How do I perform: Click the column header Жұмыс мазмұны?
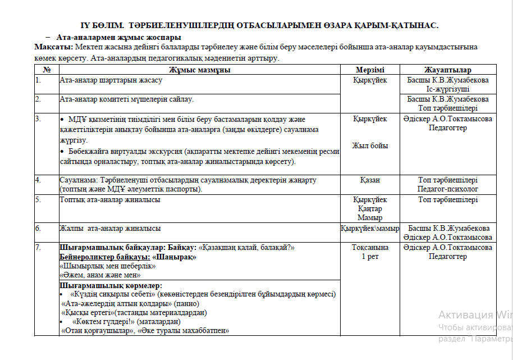[x=199, y=70]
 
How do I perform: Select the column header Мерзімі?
[x=370, y=70]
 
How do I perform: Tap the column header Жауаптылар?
[x=447, y=70]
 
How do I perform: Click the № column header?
[x=47, y=70]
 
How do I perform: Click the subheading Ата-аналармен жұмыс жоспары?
[x=118, y=38]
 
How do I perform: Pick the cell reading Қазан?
[x=370, y=180]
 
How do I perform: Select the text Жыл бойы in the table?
[x=370, y=146]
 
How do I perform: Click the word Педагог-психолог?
[x=448, y=189]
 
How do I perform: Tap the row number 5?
[x=38, y=199]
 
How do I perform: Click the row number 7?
[x=38, y=248]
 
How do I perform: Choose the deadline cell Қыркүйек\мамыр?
[x=370, y=229]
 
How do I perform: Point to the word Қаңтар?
[x=370, y=209]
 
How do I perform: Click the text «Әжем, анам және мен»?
[x=100, y=275]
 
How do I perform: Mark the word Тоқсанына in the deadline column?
[x=370, y=248]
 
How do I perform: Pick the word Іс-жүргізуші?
[x=447, y=89]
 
